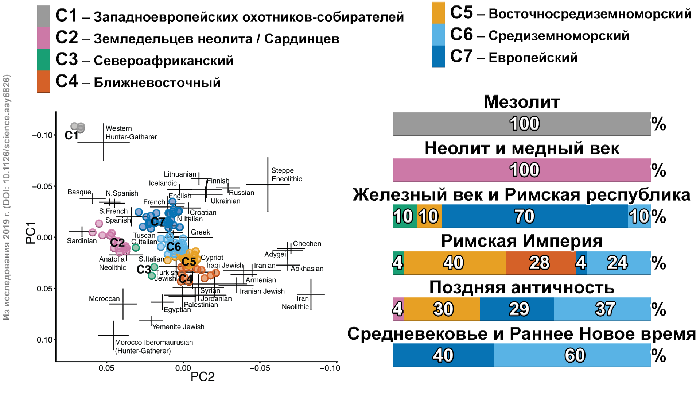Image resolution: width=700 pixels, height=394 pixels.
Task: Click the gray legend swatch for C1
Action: [43, 16]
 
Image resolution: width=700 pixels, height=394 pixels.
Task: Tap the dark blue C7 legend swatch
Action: [438, 57]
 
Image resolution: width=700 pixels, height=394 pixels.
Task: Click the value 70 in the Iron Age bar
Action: [524, 216]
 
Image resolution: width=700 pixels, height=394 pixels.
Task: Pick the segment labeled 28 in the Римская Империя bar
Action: [540, 263]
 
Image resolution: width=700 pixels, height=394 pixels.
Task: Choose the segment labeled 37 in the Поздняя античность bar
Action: [605, 309]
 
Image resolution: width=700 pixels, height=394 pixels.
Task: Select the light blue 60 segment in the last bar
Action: [575, 355]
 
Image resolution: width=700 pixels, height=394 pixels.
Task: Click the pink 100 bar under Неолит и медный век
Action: [521, 170]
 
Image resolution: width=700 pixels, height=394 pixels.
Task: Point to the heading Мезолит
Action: [521, 102]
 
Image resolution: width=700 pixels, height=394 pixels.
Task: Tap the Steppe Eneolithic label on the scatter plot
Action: [287, 175]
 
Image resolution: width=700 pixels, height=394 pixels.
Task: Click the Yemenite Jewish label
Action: [178, 327]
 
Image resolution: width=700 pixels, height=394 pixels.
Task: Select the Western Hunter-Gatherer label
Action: [131, 133]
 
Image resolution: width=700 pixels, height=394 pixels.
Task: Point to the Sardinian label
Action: [82, 241]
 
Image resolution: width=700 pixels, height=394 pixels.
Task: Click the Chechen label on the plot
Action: [307, 244]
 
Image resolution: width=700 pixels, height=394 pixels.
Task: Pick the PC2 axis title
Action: [203, 377]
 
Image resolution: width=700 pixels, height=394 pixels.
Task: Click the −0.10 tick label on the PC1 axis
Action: [43, 135]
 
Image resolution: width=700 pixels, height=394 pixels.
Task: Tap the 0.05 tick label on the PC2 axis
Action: [106, 368]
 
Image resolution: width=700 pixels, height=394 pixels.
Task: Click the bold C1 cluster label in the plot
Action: [71, 136]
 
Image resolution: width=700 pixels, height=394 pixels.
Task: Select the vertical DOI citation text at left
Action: [7, 197]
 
